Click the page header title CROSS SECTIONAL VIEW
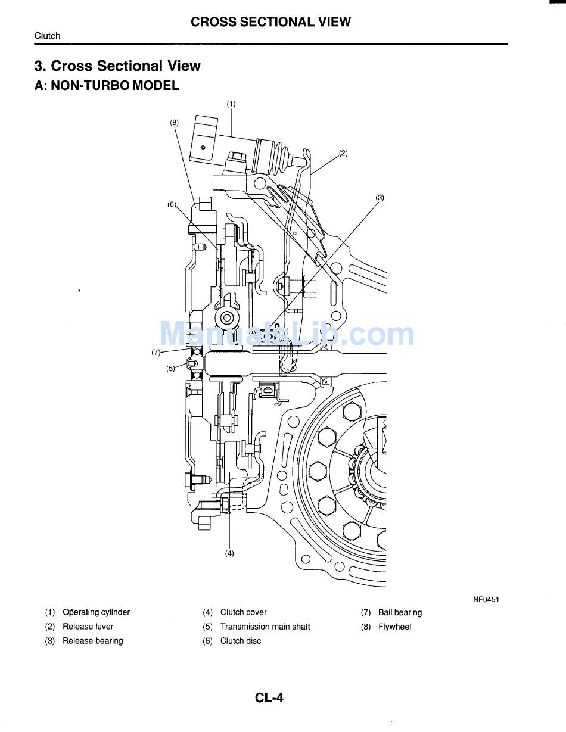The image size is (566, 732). coord(270,22)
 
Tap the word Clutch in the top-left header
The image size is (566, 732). coord(47,36)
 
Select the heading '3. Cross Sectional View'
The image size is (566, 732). coord(117,66)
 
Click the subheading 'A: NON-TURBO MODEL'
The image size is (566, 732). coord(107,85)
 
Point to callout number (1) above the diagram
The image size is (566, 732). coord(231,104)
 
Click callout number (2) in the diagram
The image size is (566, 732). coord(343,153)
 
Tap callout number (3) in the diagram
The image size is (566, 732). coord(380,198)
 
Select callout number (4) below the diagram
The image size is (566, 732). coord(229,553)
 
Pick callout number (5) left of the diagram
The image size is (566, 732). coord(171,368)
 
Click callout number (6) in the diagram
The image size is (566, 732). coord(172,204)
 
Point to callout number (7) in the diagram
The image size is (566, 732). coord(156,352)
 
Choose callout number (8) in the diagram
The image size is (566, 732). coord(174,122)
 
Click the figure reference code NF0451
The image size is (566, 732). coord(486,599)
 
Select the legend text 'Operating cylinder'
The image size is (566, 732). coord(96,612)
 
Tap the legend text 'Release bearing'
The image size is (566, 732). coord(93,641)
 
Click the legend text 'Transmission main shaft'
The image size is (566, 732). coord(265,627)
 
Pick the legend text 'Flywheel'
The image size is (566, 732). coord(394,627)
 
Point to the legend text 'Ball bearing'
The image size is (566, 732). coord(400,612)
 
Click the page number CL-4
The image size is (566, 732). coord(269,697)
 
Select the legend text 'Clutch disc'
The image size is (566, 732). coord(241,641)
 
